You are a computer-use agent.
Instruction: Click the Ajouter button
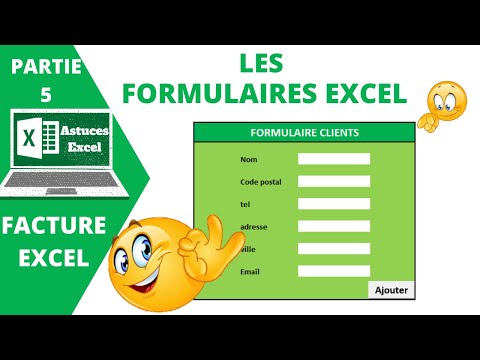[x=391, y=290]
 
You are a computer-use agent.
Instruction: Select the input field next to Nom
[x=334, y=159]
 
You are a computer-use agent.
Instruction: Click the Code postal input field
[x=334, y=181]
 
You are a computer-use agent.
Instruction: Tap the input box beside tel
[x=334, y=204]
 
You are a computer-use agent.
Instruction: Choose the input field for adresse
[x=334, y=226]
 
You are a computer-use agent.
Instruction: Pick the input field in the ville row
[x=334, y=248]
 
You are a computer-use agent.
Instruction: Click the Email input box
[x=334, y=271]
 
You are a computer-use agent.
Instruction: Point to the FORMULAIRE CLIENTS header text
[x=304, y=132]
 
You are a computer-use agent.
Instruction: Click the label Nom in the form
[x=250, y=159]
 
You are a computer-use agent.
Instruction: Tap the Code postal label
[x=262, y=181]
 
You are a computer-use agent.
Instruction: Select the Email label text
[x=251, y=271]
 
